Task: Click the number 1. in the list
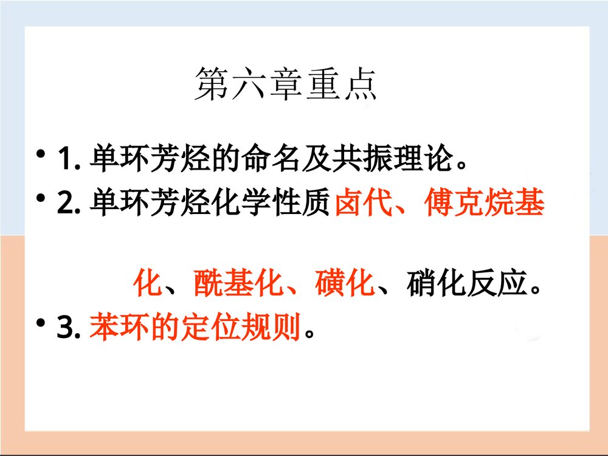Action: [69, 160]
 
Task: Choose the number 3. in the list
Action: [69, 330]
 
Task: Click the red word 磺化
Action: [344, 284]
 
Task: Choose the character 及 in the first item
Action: [317, 159]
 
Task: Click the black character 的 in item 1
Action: [226, 159]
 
